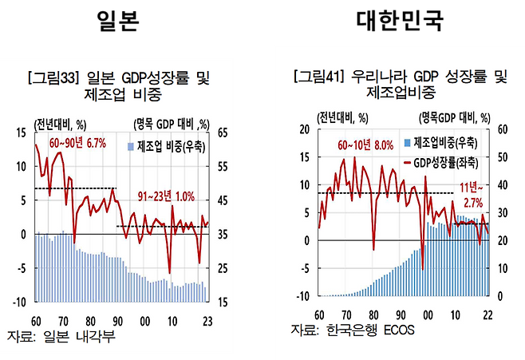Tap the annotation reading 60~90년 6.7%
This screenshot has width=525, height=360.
(77, 142)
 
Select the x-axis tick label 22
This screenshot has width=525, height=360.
(487, 315)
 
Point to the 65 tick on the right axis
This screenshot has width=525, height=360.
(223, 133)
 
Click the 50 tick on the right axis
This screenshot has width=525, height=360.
(502, 157)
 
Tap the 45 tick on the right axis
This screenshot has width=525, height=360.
(223, 200)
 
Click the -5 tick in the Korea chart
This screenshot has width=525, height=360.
(302, 269)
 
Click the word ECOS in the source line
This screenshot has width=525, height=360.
(396, 329)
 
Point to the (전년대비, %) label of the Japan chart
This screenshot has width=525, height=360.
(61, 123)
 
